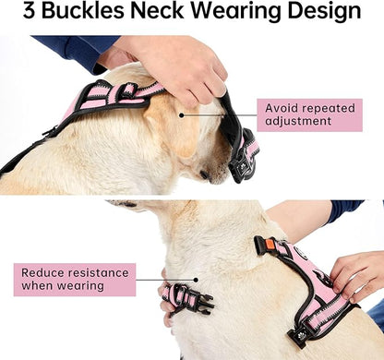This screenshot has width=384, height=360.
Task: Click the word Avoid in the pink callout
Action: pyautogui.click(x=283, y=107)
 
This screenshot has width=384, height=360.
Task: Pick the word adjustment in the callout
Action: pyautogui.click(x=304, y=123)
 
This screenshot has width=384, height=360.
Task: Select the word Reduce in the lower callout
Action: pyautogui.click(x=43, y=271)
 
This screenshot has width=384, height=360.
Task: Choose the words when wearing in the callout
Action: pyautogui.click(x=61, y=287)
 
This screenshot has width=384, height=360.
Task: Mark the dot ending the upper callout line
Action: pyautogui.click(x=181, y=115)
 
